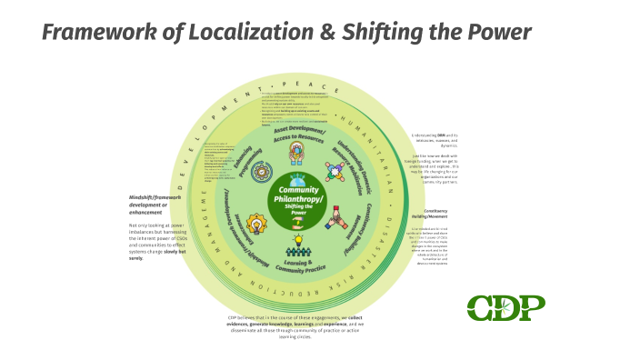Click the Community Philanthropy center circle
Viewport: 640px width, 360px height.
tap(296, 195)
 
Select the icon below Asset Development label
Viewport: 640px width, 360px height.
tap(297, 155)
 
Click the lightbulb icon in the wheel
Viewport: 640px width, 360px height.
tap(258, 221)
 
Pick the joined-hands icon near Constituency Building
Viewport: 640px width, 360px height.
tap(335, 218)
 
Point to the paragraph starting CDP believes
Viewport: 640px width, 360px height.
tap(297, 324)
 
